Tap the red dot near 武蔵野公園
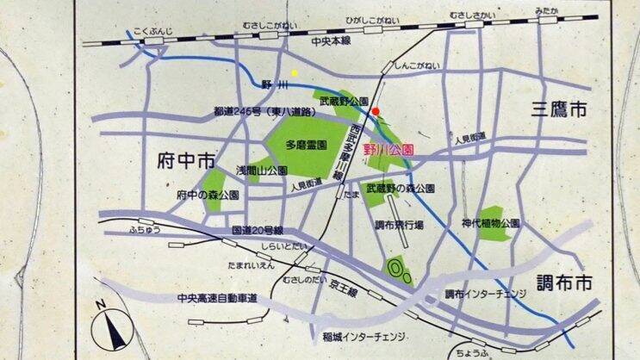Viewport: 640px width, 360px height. point(376,111)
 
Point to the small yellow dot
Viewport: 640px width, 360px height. point(294,73)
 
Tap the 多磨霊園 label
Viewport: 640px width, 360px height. point(306,146)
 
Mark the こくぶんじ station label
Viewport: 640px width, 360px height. point(154,33)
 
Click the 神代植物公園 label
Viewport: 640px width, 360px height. point(490,222)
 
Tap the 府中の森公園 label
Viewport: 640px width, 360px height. point(208,195)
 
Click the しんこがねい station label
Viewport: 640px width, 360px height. point(416,65)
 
